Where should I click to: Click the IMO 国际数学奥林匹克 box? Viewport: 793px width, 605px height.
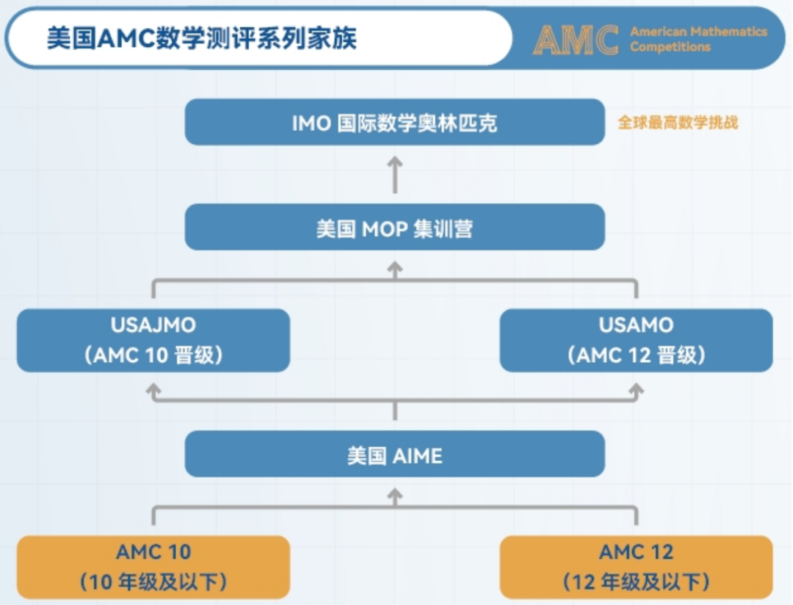(x=394, y=123)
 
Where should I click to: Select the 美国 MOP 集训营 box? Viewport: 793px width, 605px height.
(x=394, y=227)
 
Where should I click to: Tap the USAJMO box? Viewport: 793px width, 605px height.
(x=153, y=341)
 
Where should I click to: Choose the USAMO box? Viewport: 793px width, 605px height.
(x=636, y=341)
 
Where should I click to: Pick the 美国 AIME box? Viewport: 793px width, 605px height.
(x=394, y=454)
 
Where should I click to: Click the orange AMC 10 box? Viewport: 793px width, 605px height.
(x=153, y=567)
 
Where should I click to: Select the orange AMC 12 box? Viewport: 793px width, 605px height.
(x=636, y=567)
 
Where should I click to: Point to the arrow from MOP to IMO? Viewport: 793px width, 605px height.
(x=395, y=175)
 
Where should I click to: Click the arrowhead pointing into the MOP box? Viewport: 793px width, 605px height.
(x=395, y=267)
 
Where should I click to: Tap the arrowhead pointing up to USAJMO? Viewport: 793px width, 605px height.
(x=153, y=389)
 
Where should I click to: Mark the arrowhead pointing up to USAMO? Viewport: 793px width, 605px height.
(x=636, y=389)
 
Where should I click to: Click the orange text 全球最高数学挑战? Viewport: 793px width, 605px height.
(x=678, y=123)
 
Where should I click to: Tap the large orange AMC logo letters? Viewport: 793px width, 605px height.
(x=576, y=40)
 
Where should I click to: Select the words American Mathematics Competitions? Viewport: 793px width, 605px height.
(x=698, y=39)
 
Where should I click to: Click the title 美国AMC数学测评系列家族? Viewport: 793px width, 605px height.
(x=202, y=38)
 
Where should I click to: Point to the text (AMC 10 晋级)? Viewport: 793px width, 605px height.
(x=153, y=355)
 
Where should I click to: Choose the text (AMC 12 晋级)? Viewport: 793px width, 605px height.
(x=636, y=355)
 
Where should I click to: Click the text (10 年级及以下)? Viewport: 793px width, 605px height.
(x=153, y=582)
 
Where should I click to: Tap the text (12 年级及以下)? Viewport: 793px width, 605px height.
(x=636, y=582)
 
